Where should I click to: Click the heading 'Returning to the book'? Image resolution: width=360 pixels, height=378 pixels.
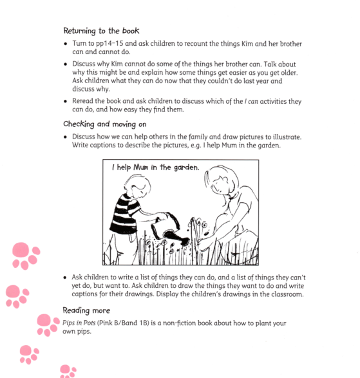pos(101,30)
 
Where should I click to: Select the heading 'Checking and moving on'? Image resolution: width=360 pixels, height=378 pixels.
pos(105,124)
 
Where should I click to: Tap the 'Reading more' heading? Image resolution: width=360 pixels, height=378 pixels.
pos(86,310)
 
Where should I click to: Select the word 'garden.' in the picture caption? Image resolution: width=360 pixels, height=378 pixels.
pos(185,169)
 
